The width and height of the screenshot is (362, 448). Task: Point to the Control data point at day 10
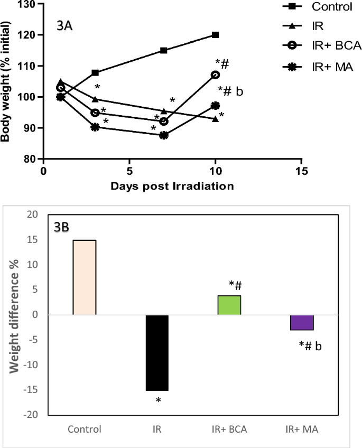point(215,35)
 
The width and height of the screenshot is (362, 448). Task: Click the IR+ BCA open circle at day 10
point(215,75)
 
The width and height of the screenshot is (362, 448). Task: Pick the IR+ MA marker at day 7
point(164,135)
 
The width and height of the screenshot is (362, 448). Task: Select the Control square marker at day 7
point(164,51)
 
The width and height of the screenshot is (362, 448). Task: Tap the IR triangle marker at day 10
point(215,119)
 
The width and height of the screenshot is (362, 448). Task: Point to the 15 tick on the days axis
point(301,172)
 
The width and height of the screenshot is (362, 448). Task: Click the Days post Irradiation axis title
point(172,186)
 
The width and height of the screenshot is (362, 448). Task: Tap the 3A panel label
point(67,25)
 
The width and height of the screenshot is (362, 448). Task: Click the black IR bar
point(157,352)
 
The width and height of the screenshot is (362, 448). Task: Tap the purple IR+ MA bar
point(302,322)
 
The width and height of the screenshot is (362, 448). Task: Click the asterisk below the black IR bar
point(157,400)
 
